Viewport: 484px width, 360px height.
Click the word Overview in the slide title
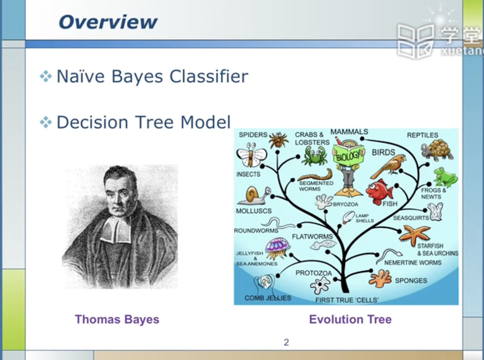[108, 22]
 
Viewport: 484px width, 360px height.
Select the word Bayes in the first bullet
[137, 76]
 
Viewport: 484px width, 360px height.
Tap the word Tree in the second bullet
[154, 122]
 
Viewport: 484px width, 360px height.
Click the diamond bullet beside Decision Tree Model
[46, 122]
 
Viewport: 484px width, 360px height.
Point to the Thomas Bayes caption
[117, 319]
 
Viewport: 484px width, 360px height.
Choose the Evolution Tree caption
[350, 319]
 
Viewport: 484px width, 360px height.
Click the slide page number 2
[286, 342]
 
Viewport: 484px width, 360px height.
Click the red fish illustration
[379, 192]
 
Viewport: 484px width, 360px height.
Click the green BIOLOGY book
[348, 155]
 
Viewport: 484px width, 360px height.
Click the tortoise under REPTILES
[437, 150]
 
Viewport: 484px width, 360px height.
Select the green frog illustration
[445, 177]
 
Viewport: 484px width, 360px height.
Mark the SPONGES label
[411, 280]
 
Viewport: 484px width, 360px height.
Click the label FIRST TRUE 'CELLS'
[347, 300]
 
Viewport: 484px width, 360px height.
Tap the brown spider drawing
[278, 140]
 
